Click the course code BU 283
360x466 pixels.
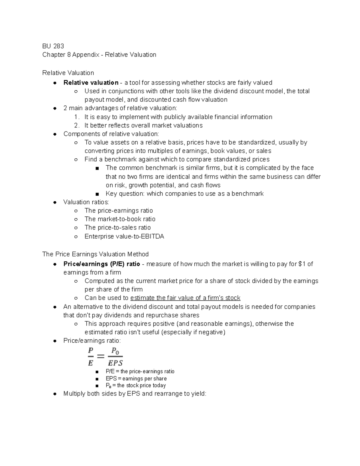[x=53, y=46]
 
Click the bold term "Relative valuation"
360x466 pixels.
[x=91, y=83]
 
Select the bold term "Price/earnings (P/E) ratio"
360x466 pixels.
[x=102, y=264]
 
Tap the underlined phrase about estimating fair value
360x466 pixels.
[x=185, y=298]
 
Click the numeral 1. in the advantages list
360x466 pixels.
[x=77, y=117]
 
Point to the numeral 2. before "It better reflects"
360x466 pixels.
[x=77, y=125]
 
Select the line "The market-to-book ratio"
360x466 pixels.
[x=120, y=219]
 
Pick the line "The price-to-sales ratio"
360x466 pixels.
[x=117, y=227]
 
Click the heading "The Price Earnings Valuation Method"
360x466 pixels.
[x=95, y=254]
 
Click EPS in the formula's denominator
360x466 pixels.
[x=115, y=363]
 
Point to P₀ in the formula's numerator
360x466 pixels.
[x=115, y=350]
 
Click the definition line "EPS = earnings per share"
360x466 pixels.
[x=136, y=379]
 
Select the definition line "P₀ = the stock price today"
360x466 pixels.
[x=136, y=386]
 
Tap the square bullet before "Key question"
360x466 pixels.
[x=97, y=194]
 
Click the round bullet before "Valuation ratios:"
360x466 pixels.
[x=55, y=202]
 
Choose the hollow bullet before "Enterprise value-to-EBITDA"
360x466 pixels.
[x=76, y=237]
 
